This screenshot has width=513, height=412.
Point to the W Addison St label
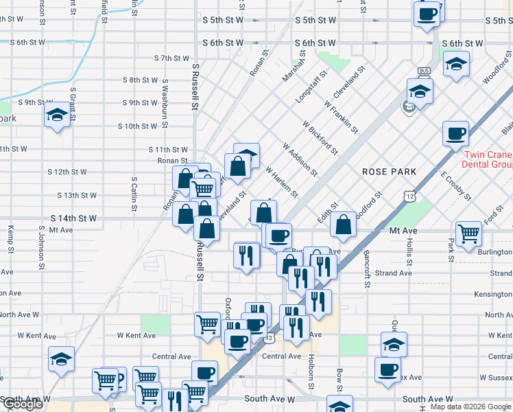point(300,159)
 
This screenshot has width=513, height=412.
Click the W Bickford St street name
point(320,137)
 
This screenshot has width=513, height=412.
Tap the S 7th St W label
point(171,58)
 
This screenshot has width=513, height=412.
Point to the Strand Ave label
point(394,273)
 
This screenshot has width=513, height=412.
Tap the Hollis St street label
point(409,252)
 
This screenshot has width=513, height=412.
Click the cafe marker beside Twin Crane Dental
point(455,134)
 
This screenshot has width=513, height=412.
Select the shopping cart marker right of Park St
point(468,233)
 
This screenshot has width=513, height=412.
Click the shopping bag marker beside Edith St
point(343,224)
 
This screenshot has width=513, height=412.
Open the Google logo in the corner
point(23,404)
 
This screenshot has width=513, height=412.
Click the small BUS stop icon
point(423,71)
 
